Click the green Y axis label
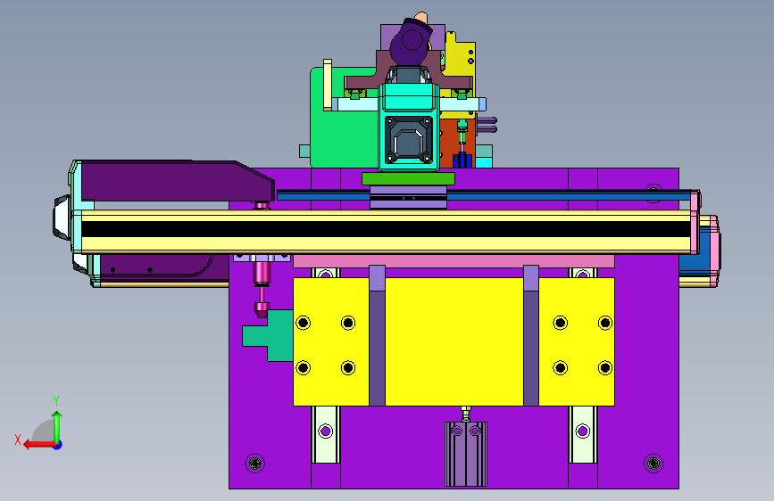click(56, 400)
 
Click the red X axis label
click(18, 439)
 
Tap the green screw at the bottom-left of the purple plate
click(255, 463)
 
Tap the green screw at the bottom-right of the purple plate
click(653, 463)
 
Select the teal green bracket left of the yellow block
click(268, 335)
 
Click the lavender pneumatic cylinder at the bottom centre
click(466, 454)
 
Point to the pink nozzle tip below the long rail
click(262, 310)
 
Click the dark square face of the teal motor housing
click(409, 140)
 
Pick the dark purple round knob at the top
click(411, 42)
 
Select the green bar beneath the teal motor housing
click(408, 178)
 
